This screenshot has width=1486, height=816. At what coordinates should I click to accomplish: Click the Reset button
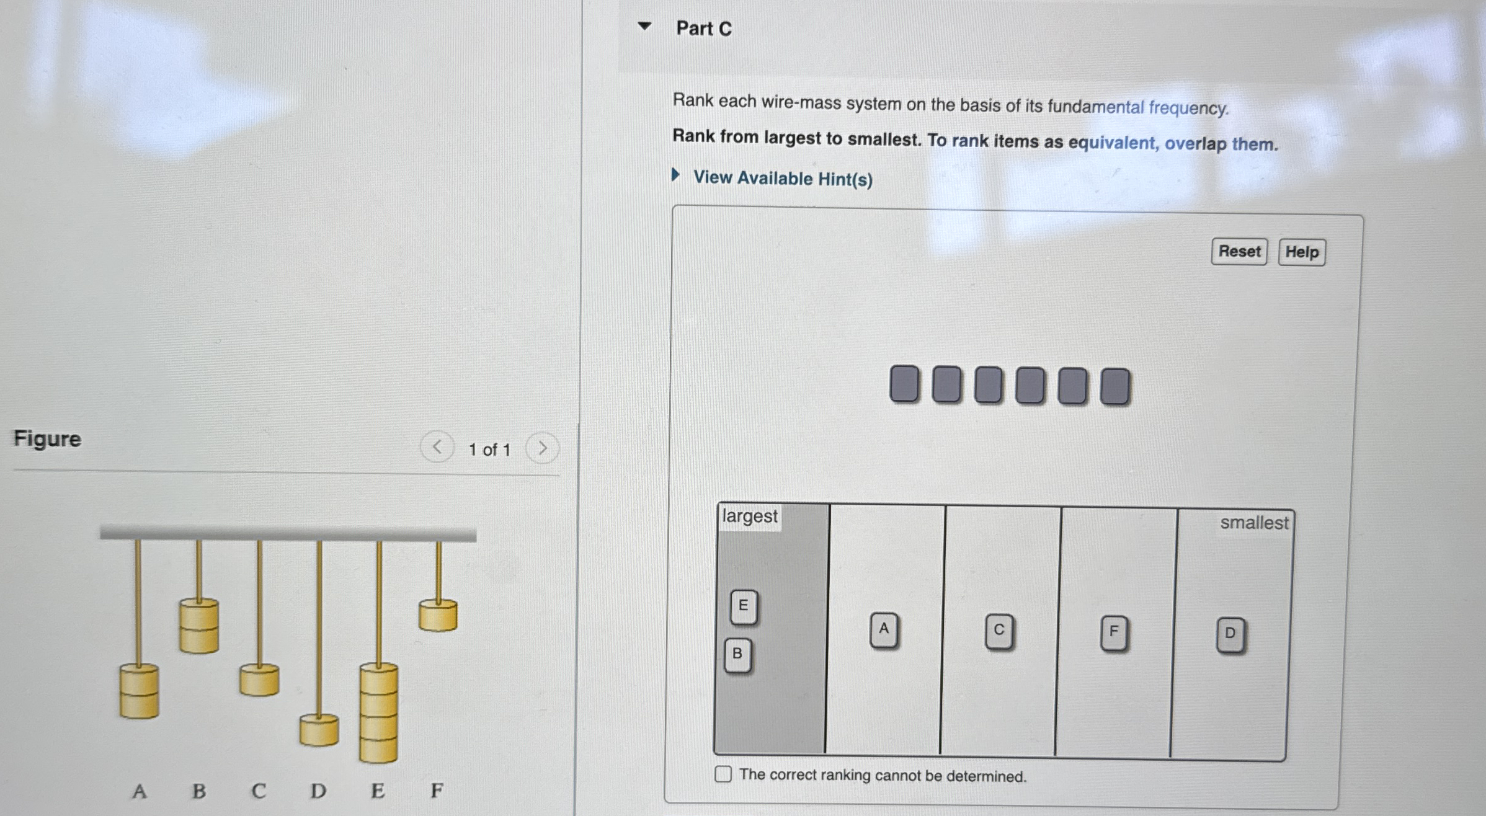click(x=1239, y=251)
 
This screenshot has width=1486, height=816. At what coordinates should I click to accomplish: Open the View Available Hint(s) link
click(x=782, y=179)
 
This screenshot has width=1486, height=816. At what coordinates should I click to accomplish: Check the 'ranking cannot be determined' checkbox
click(x=723, y=774)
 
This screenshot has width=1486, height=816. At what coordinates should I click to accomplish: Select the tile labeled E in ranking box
click(x=743, y=606)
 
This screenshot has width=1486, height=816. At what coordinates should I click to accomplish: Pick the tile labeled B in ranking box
click(x=737, y=654)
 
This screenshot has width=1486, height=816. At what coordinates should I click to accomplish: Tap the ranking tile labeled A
click(x=884, y=629)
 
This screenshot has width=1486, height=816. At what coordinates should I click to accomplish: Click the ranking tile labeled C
click(x=999, y=631)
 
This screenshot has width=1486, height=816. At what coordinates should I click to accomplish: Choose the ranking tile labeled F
click(x=1114, y=632)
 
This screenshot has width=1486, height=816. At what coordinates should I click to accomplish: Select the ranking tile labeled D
click(x=1230, y=634)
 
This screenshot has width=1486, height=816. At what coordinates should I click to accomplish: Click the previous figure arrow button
click(x=437, y=447)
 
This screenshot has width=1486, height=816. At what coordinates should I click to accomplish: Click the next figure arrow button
click(x=542, y=448)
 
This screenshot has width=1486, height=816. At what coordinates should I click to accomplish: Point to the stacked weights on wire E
click(x=378, y=713)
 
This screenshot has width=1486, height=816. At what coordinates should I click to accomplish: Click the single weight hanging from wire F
click(x=438, y=615)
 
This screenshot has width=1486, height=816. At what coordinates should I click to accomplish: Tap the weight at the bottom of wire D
click(x=319, y=730)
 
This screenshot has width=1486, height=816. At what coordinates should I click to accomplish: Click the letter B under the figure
click(x=198, y=791)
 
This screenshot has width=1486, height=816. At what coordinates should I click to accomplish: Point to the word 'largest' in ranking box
click(x=749, y=517)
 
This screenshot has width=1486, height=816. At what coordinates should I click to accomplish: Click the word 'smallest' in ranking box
click(x=1253, y=523)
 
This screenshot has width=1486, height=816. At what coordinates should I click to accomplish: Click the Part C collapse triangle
click(x=644, y=26)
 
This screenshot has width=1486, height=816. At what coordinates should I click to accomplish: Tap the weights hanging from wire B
click(x=198, y=626)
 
